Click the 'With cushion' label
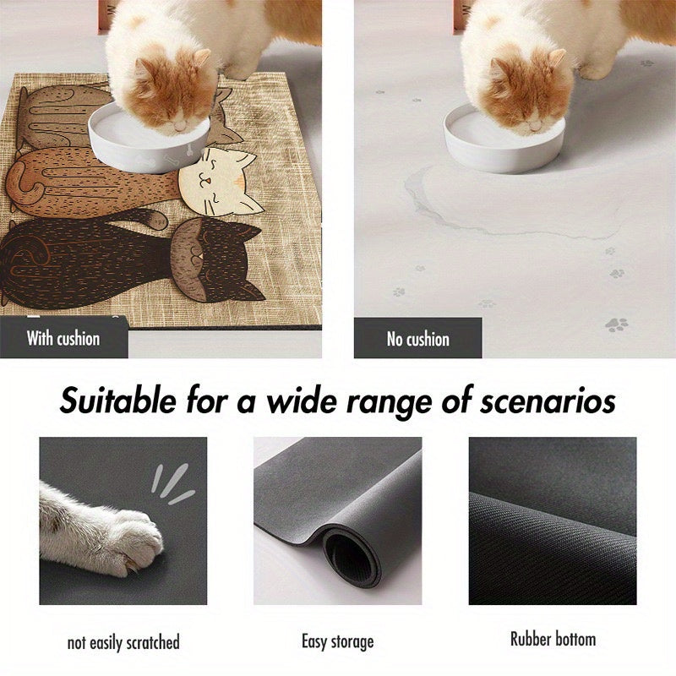click(x=63, y=339)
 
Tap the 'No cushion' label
click(x=417, y=339)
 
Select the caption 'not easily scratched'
click(x=123, y=642)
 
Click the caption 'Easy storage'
click(x=337, y=641)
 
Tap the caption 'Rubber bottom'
click(x=553, y=639)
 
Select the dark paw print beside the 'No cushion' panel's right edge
click(x=616, y=324)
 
